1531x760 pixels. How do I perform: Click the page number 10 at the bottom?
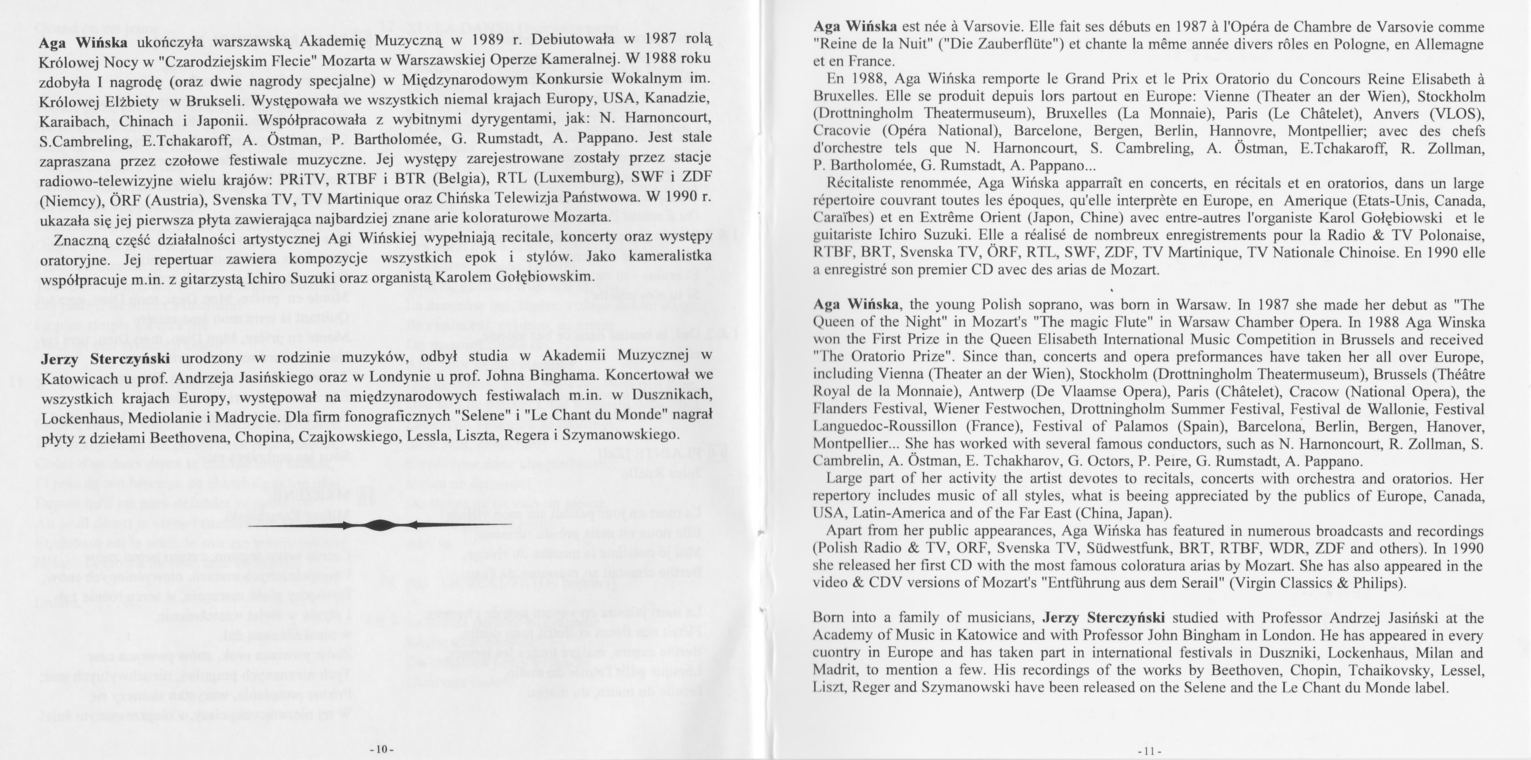point(381,749)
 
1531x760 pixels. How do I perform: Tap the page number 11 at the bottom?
point(1148,751)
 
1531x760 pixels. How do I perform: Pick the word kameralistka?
point(668,257)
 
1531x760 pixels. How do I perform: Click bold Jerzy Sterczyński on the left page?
point(105,358)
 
